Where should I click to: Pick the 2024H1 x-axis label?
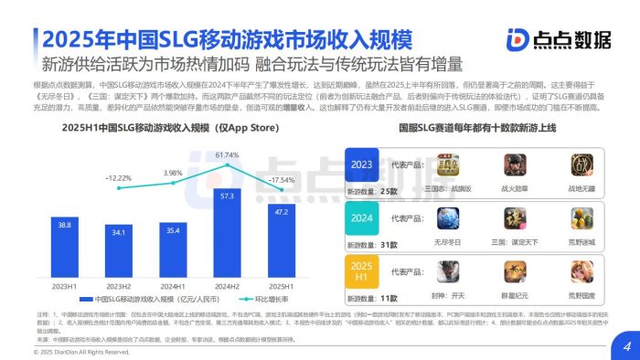pos(173,286)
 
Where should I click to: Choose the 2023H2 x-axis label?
pos(118,286)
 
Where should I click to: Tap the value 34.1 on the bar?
pos(118,232)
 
